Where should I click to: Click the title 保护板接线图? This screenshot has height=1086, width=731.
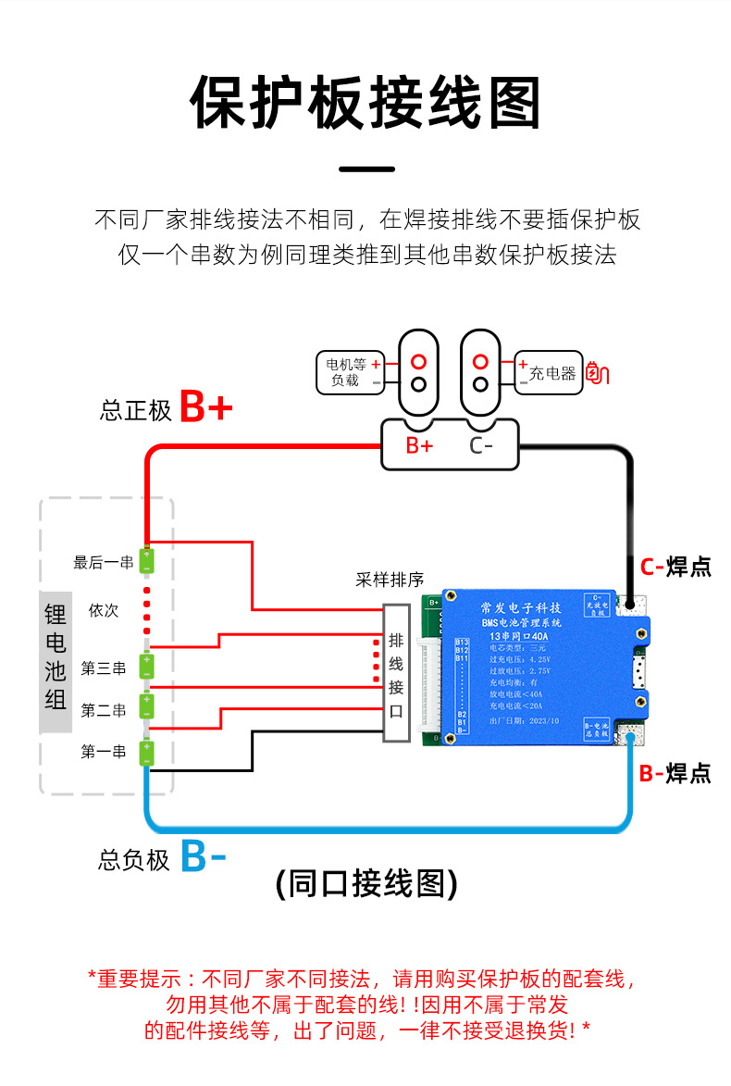(x=365, y=103)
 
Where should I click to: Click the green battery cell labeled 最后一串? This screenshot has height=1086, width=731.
(x=146, y=561)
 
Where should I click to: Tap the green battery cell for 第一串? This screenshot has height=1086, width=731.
(x=146, y=752)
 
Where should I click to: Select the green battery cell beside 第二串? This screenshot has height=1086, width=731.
(x=146, y=706)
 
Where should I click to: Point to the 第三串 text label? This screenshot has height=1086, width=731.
(x=103, y=668)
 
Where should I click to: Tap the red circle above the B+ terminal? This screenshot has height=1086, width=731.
(x=418, y=361)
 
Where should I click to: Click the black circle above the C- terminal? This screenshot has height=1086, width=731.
(x=479, y=384)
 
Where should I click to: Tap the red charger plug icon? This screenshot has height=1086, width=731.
(x=599, y=373)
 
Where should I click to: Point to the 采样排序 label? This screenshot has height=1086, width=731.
(x=390, y=580)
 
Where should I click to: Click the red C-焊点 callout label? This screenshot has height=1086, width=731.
(x=675, y=567)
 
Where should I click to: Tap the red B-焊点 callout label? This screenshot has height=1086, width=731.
(x=675, y=772)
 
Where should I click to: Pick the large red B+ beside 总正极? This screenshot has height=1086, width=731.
(x=205, y=407)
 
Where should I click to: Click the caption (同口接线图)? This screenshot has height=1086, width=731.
(x=366, y=883)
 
